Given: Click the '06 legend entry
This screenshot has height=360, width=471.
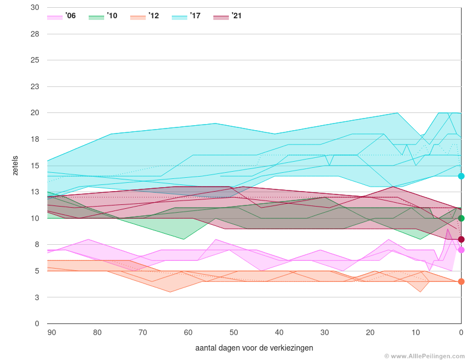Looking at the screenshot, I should (62, 17).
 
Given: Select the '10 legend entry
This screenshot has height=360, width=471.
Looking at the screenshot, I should (103, 17).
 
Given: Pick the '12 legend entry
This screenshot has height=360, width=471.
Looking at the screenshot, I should (145, 17).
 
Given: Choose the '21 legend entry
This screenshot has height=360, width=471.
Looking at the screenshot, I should (228, 17).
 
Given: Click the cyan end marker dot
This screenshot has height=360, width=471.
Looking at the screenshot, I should (461, 176).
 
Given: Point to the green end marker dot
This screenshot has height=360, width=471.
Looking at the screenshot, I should (461, 218).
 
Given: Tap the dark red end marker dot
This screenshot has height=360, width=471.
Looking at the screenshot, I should (461, 239).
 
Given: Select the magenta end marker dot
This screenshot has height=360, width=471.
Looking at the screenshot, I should (461, 250).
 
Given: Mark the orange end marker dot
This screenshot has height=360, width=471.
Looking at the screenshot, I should (461, 281).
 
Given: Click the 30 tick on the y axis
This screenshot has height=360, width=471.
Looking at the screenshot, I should (35, 8).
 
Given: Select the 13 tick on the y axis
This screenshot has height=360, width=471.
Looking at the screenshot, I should (35, 192).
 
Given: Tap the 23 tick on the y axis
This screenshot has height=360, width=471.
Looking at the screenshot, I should (35, 87).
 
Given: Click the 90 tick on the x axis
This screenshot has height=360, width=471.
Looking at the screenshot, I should (52, 332).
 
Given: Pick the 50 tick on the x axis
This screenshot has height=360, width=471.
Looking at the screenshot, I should (234, 332).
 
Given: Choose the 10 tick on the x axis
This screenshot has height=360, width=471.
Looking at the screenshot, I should (416, 332).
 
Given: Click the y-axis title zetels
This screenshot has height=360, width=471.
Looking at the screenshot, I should (16, 166).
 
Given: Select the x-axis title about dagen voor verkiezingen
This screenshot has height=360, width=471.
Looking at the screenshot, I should (254, 348).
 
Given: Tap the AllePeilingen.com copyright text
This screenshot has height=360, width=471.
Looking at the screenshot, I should (425, 356).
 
